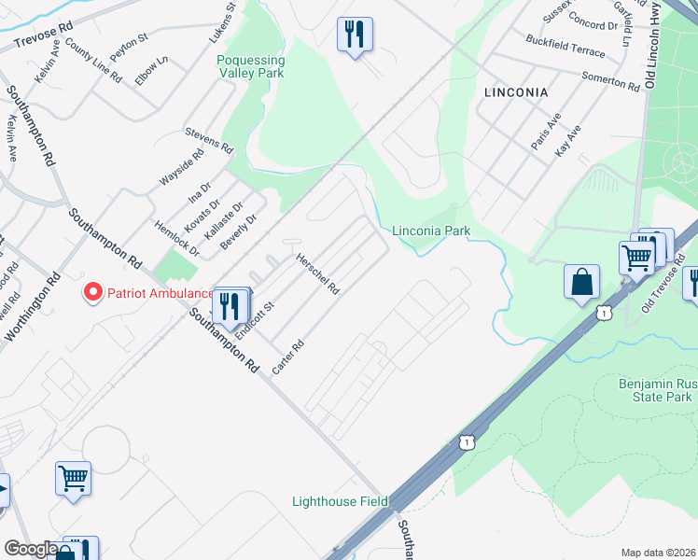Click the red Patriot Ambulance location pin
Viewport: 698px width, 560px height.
(x=93, y=293)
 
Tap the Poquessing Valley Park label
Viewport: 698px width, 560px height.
(x=251, y=67)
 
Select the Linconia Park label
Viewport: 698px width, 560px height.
(x=431, y=231)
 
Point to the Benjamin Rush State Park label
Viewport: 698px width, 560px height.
(x=655, y=390)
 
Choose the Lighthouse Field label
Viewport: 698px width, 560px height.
(x=340, y=501)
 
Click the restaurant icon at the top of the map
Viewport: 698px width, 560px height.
(x=355, y=35)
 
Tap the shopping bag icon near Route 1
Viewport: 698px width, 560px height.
(x=581, y=281)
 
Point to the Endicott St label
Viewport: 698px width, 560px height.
(x=255, y=320)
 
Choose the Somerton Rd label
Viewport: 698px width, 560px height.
(x=609, y=81)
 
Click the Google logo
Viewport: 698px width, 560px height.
(x=30, y=550)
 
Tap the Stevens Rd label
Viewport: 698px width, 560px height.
(x=208, y=141)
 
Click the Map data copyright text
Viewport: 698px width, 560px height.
(x=658, y=552)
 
